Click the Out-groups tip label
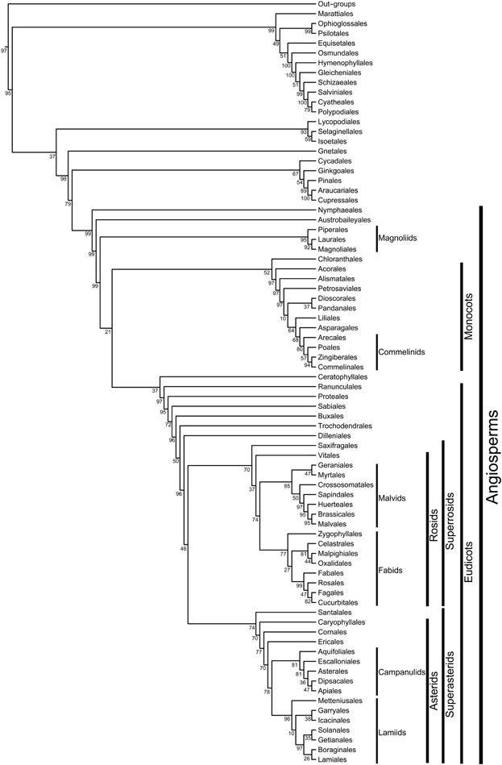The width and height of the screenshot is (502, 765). point(337,4)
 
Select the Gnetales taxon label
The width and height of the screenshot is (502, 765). point(332,152)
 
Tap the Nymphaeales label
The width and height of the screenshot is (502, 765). point(340,210)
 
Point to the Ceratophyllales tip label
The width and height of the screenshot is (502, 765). point(342,377)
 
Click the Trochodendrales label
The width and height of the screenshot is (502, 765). point(345,426)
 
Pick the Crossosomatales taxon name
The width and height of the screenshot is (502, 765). point(346,485)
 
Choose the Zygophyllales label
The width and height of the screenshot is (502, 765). point(340,534)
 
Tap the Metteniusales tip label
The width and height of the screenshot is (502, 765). point(340,701)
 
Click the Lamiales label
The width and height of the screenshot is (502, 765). point(332,759)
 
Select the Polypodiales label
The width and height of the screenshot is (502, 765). point(338,112)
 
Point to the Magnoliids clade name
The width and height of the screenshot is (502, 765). point(398,239)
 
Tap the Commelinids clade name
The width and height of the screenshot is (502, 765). point(402,351)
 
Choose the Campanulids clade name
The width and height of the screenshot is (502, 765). point(402,671)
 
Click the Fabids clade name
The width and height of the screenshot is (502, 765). point(391,570)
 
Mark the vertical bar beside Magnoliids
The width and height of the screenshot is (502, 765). point(376,239)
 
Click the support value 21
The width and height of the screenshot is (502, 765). point(108,332)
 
